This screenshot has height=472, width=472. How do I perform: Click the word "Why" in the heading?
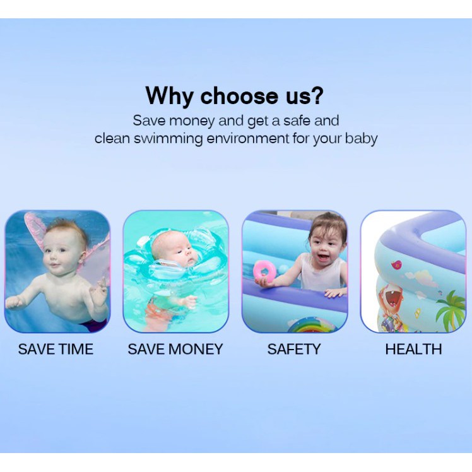[x=169, y=96]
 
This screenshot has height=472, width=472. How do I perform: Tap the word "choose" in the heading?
[x=239, y=96]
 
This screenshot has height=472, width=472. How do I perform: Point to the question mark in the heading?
[x=316, y=95]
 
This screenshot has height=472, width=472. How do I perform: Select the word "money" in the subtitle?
[x=192, y=121]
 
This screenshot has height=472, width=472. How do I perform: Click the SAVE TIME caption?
[x=56, y=349]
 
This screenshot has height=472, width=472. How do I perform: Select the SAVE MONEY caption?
[x=175, y=349]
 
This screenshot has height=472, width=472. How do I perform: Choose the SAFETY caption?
[x=294, y=349]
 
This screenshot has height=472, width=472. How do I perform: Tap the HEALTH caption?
[x=413, y=349]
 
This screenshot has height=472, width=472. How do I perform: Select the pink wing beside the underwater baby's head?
[x=35, y=228]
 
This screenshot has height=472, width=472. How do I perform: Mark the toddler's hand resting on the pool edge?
[x=334, y=292]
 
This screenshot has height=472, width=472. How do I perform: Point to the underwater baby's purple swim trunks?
[x=94, y=325]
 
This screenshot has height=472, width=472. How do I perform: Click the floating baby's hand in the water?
[x=188, y=301]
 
